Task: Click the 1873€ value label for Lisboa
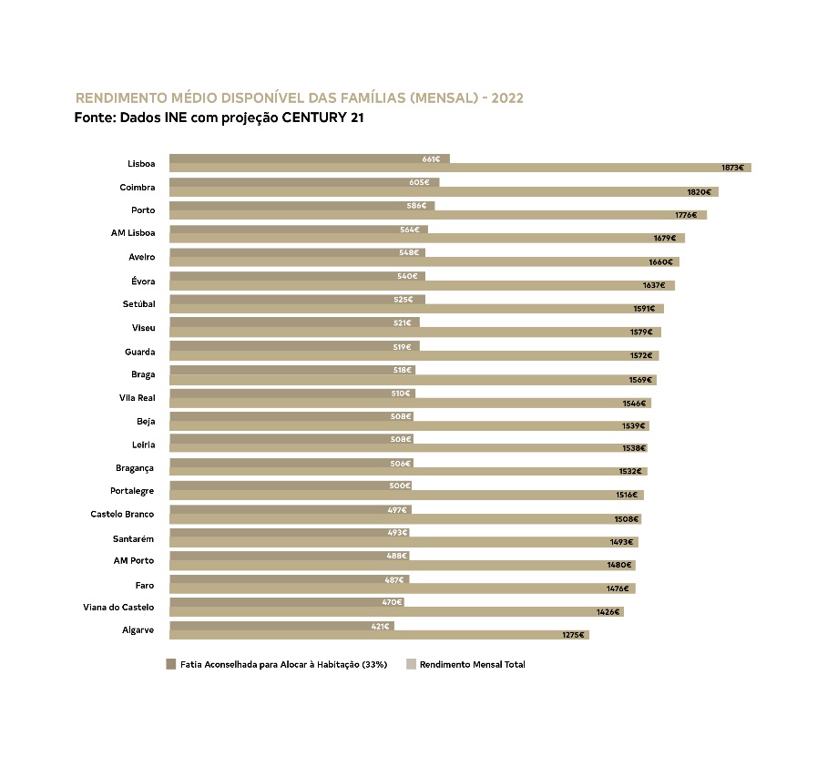coord(732,168)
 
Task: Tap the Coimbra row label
coord(138,187)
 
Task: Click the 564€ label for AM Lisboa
coord(410,230)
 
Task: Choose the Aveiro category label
coord(141,257)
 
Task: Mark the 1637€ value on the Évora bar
coord(655,285)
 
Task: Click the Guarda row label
coord(140,352)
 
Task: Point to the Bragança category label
coord(135,467)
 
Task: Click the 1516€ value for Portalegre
coord(626,496)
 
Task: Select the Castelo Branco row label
coord(122,514)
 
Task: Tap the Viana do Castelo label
coord(119,607)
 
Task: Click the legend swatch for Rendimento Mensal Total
coord(411,664)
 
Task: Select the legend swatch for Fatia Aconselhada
coord(170,664)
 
